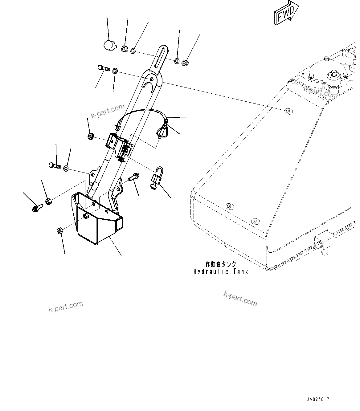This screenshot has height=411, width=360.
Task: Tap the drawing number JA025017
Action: (x=317, y=399)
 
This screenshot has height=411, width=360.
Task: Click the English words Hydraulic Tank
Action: (x=221, y=272)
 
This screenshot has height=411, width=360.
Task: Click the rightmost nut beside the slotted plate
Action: (x=185, y=63)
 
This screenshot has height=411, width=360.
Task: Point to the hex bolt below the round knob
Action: (x=103, y=68)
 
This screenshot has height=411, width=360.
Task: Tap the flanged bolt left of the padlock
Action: (x=134, y=177)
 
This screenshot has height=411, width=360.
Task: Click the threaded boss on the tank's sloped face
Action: (x=288, y=111)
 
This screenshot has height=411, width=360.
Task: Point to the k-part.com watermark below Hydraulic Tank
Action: (x=240, y=299)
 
